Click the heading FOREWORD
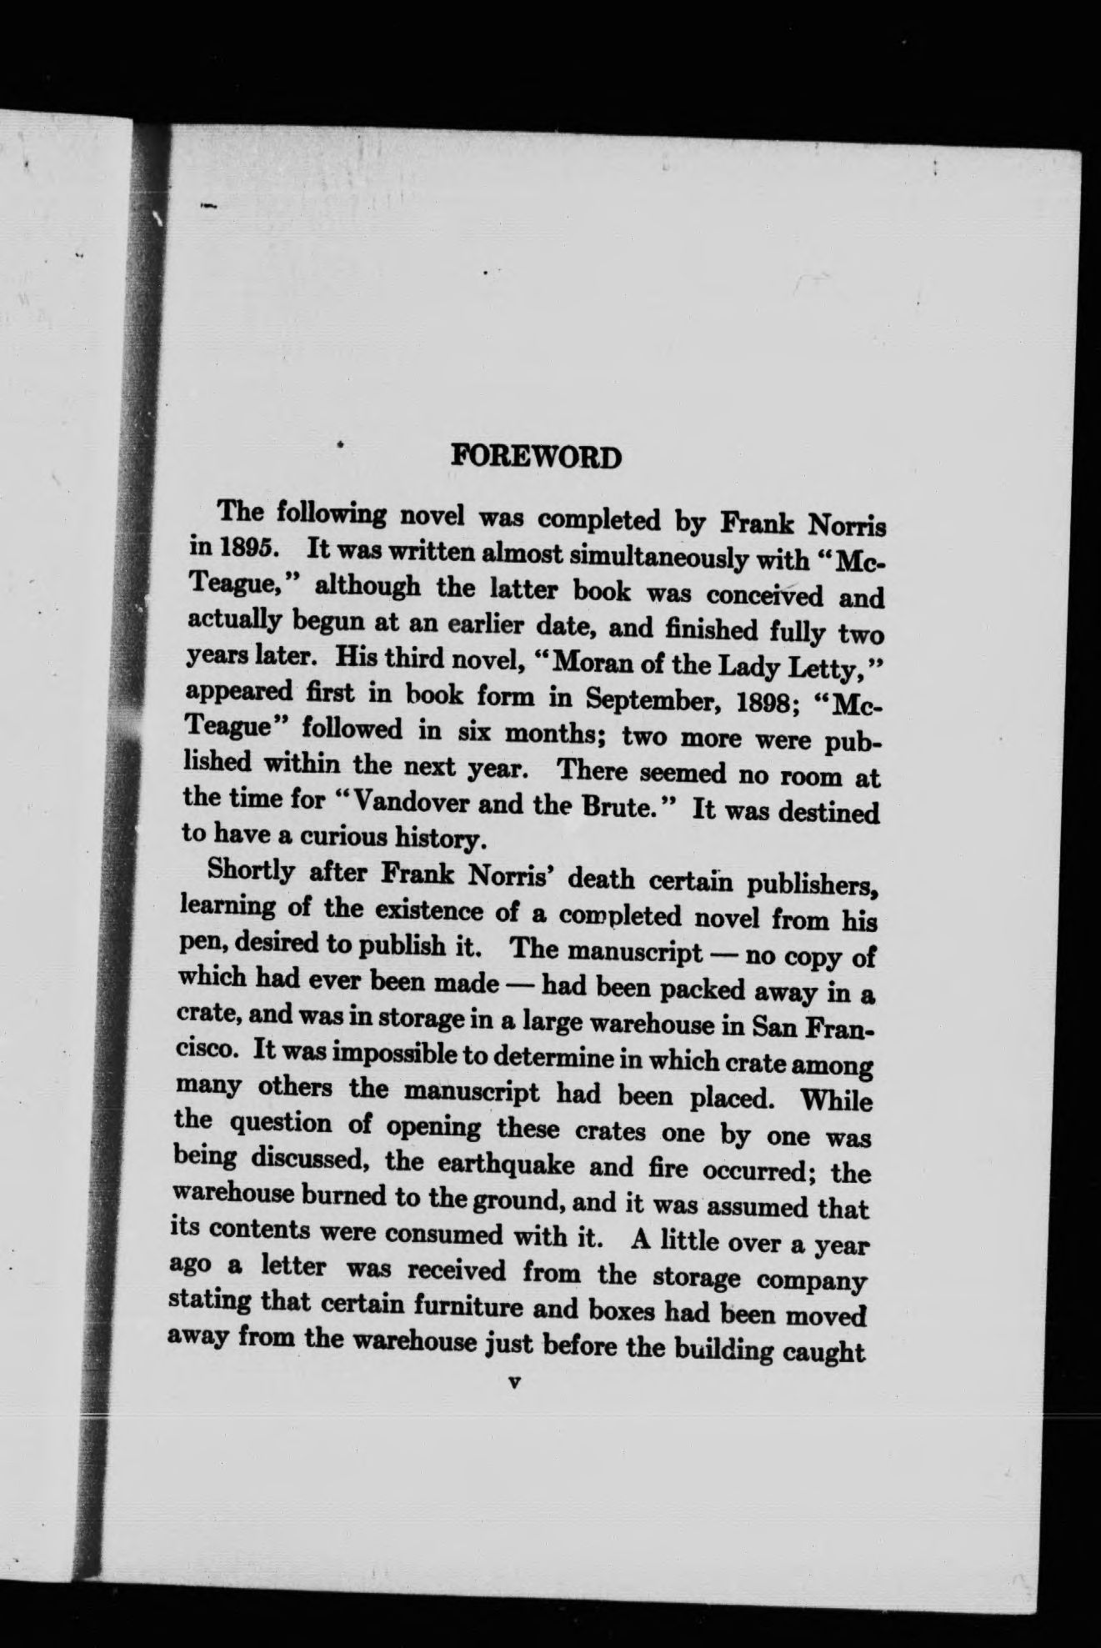535,457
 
